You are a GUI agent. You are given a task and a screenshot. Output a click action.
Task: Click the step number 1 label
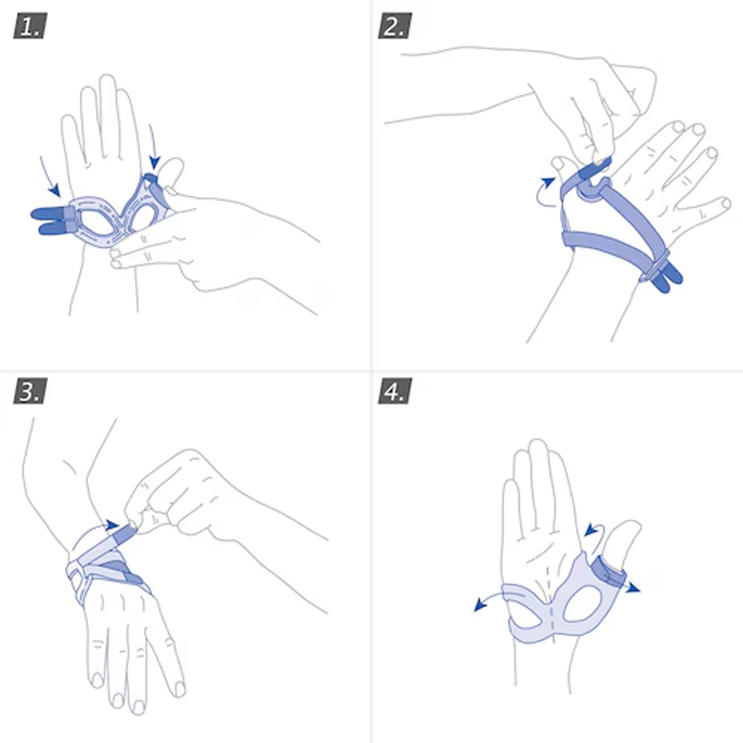[30, 26]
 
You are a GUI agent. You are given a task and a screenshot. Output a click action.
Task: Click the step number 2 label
[395, 26]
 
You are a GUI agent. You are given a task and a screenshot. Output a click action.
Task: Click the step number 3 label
[30, 391]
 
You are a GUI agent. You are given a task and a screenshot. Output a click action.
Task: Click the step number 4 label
[395, 391]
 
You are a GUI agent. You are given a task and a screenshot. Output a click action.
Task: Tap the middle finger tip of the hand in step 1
[106, 81]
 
